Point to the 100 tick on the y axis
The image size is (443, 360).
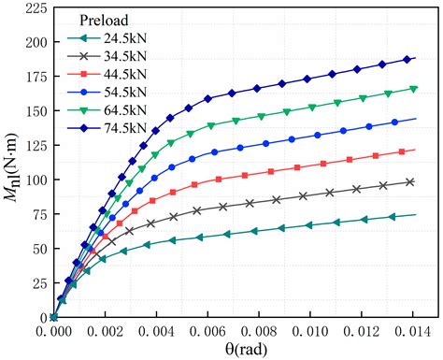(34, 180)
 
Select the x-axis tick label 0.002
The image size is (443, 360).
(105, 332)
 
